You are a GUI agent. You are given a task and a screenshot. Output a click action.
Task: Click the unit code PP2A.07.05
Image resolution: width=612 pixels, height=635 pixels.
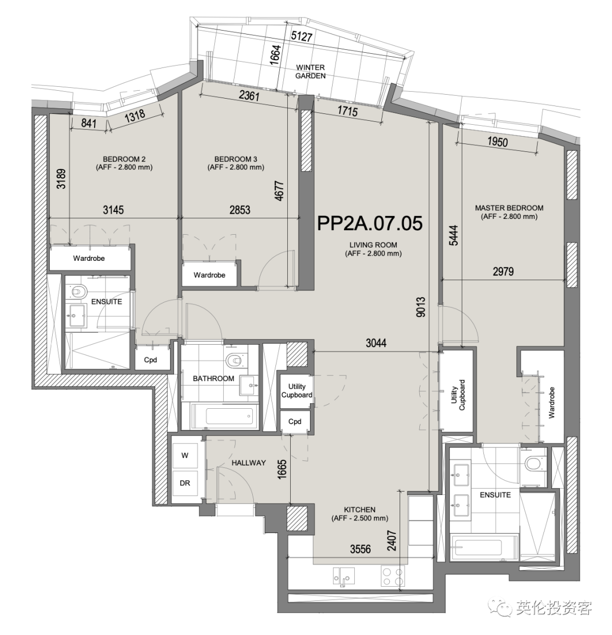[x=369, y=223]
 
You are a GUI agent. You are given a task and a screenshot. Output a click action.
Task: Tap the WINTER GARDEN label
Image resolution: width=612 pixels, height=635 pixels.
[x=311, y=71]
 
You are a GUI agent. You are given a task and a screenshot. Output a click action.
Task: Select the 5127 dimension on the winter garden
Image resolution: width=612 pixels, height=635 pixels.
[x=301, y=36]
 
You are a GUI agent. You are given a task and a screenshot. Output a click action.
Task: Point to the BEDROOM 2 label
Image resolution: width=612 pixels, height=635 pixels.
[x=124, y=163]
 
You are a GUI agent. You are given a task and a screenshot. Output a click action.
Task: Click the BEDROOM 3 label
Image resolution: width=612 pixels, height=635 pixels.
[x=236, y=163]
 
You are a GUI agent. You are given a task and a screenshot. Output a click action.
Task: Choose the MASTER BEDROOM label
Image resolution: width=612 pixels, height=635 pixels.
[x=509, y=212]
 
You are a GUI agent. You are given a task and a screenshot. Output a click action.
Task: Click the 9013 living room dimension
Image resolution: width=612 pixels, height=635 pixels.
[x=420, y=307]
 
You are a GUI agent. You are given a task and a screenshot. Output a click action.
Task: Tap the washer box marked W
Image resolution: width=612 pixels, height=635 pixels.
[x=185, y=456]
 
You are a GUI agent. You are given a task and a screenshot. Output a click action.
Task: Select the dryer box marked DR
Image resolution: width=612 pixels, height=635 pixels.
[x=185, y=483]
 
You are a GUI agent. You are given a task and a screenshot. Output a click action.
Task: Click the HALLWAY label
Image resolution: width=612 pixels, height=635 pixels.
[x=249, y=463]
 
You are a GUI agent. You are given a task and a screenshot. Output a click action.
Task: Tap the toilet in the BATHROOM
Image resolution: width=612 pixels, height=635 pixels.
[x=236, y=359]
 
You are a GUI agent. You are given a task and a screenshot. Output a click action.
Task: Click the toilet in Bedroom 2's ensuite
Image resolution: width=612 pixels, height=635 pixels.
[x=78, y=292]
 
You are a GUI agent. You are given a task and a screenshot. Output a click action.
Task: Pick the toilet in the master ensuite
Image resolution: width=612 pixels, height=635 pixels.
[x=534, y=463]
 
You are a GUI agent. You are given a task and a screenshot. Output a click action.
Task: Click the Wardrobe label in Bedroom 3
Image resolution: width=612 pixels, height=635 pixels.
[x=209, y=276]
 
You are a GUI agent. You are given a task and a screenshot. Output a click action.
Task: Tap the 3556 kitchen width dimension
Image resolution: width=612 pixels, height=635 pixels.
[x=360, y=549]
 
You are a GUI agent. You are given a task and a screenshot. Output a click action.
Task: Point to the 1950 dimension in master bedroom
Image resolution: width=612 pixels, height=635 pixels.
[x=498, y=142]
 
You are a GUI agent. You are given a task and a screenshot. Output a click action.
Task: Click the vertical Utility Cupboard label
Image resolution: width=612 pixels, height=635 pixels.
[x=458, y=395]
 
